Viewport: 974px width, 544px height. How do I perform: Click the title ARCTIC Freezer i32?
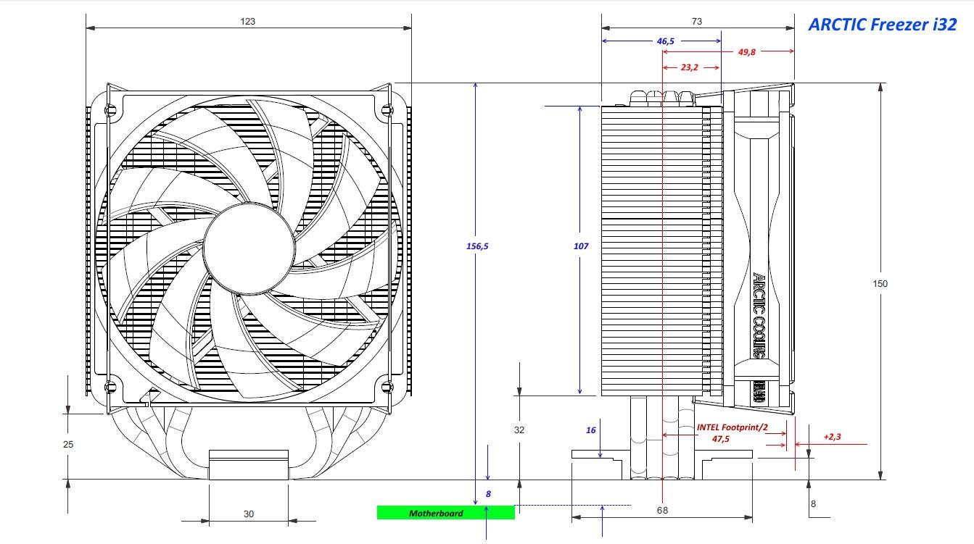pos(882,25)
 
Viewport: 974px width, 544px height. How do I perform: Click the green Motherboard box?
pos(445,513)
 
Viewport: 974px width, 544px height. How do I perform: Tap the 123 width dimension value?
pos(248,22)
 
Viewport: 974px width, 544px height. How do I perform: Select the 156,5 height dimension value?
pos(477,246)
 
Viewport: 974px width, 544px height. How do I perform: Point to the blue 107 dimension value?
pos(581,246)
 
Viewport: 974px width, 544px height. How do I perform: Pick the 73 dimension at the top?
pos(696,22)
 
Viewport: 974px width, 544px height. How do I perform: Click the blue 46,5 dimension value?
pos(666,41)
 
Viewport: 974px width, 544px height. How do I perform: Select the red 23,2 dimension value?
pos(690,67)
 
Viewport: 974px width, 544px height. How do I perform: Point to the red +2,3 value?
pos(832,437)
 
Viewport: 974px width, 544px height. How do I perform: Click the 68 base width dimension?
pos(662,510)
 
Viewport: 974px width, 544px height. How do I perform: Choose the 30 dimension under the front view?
pos(249,514)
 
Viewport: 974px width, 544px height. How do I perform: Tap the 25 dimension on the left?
pos(68,444)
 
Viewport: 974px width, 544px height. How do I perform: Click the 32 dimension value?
pos(519,430)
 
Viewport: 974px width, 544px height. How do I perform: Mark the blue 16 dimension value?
pos(591,430)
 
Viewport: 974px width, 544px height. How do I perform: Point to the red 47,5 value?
pos(721,439)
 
